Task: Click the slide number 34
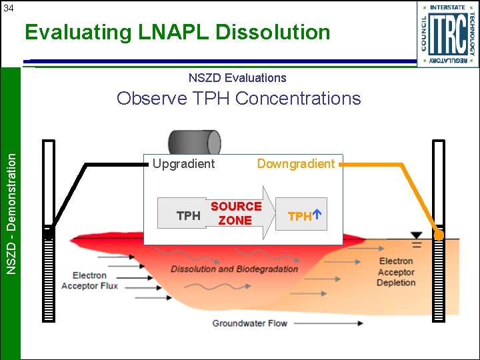7,8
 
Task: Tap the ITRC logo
448,33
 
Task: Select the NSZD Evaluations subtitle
237,78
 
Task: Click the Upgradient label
184,164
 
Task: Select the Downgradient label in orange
296,164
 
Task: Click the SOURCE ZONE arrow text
235,213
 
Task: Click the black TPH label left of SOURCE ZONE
188,216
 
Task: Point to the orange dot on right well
439,235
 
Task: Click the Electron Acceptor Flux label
89,281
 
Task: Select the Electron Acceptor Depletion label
396,271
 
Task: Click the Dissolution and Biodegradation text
234,269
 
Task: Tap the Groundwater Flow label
249,323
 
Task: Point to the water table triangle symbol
417,235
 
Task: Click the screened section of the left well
49,277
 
